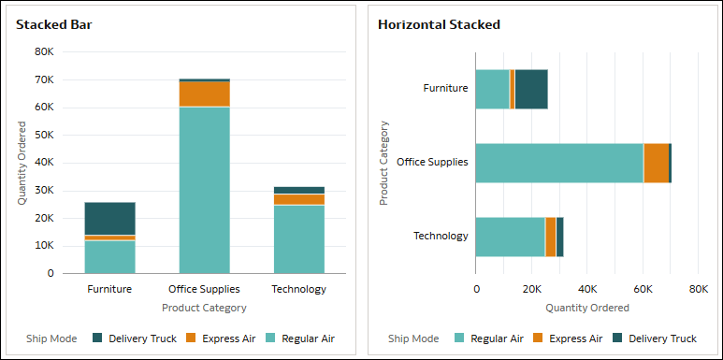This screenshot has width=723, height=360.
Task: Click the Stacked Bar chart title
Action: (53, 24)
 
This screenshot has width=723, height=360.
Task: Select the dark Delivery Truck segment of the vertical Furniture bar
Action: (110, 218)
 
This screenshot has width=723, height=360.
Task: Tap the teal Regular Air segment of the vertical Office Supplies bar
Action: (204, 190)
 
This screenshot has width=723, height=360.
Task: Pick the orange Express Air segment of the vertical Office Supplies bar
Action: (204, 94)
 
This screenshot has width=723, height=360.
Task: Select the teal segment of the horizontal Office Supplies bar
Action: (558, 163)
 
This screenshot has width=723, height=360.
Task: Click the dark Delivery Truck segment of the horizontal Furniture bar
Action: (530, 89)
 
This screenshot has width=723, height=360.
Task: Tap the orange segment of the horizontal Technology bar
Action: (551, 237)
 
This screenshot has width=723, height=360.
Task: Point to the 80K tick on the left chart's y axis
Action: (44, 52)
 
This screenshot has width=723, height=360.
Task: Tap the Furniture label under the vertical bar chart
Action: (109, 289)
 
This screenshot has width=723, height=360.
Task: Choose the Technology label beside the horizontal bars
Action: (441, 236)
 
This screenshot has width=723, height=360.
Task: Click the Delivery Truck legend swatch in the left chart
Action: (98, 338)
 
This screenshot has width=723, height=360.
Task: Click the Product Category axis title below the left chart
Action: (204, 307)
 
